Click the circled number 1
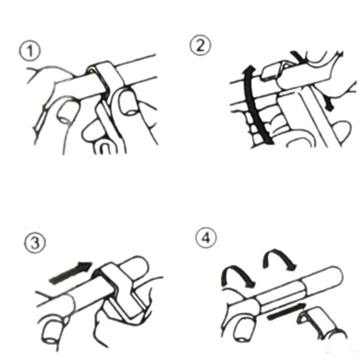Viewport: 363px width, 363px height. pos(29,51)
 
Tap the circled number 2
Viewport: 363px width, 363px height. pos(200,45)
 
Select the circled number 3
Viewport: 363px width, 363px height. pos(35,243)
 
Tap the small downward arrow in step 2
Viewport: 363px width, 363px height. pos(329,104)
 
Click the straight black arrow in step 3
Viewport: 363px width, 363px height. pos(71,273)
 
